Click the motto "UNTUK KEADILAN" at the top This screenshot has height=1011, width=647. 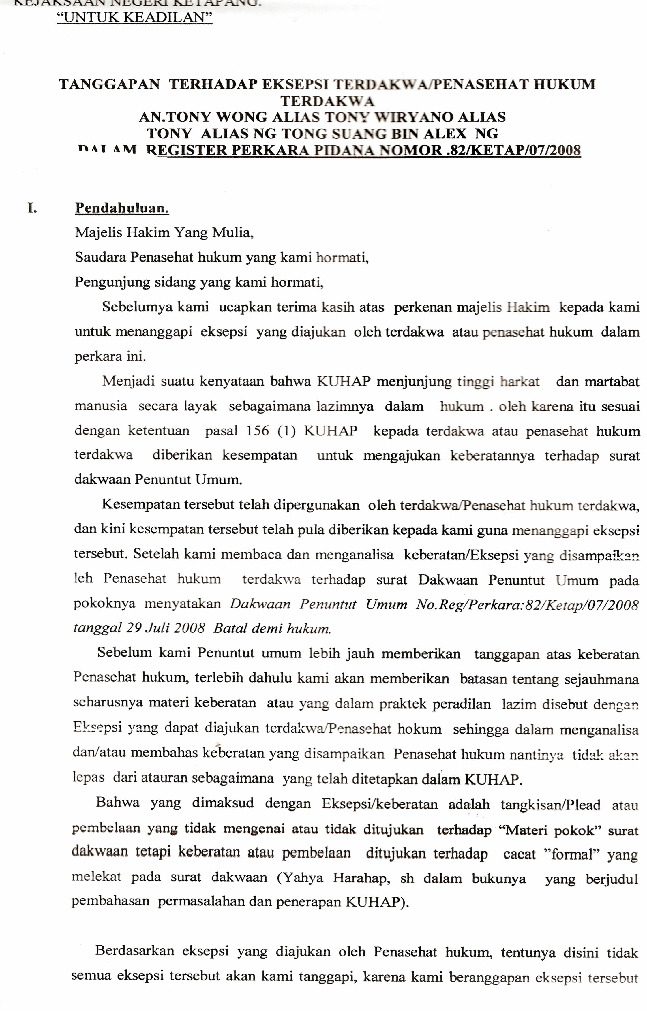click(x=134, y=18)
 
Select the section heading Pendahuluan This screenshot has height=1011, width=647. click(x=122, y=208)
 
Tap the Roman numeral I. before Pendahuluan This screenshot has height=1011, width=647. click(x=32, y=208)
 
